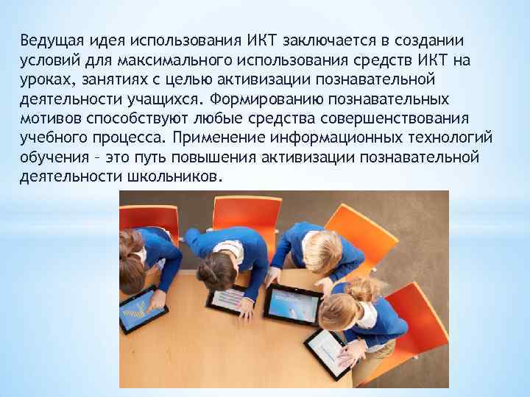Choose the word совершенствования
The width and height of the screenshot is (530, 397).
coord(384,118)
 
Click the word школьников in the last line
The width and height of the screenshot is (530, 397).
coord(181,177)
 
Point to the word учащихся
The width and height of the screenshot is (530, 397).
coord(166,98)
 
